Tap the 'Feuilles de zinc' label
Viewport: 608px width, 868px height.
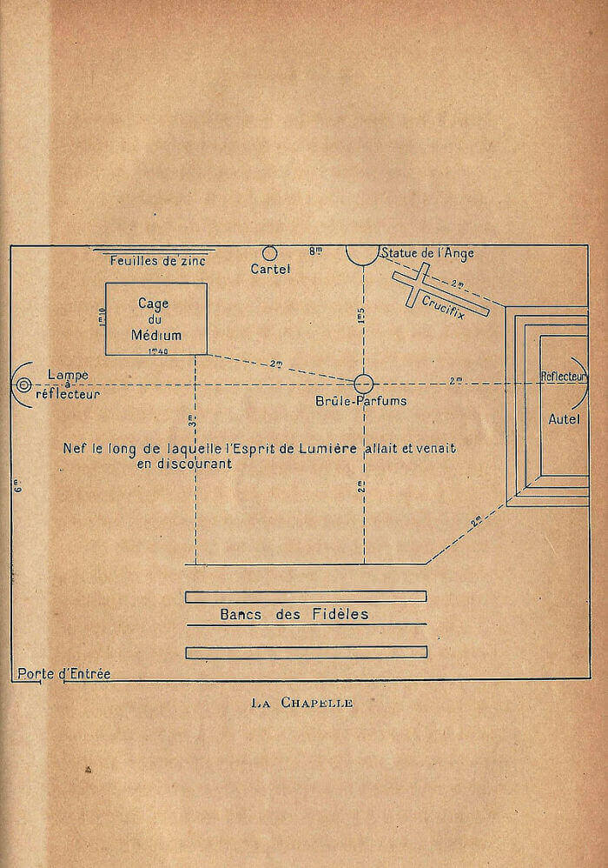(157, 261)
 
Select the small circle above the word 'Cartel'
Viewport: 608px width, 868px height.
(269, 254)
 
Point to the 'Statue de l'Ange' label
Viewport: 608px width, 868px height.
(428, 253)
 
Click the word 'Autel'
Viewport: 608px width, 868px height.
(564, 419)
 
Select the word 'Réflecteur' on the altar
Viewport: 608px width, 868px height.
(563, 377)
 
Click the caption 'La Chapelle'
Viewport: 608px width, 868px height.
(301, 703)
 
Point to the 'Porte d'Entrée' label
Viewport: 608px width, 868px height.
(64, 674)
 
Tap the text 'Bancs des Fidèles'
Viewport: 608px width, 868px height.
(294, 614)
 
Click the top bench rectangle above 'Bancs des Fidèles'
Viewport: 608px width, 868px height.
(306, 596)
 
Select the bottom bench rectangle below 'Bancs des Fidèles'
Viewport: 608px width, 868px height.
(307, 652)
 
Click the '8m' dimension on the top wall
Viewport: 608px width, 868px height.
(315, 251)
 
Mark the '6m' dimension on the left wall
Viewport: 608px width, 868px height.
(18, 488)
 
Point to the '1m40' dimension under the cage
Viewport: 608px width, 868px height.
(158, 351)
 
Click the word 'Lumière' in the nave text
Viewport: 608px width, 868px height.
(327, 449)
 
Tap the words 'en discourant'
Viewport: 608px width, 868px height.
(185, 464)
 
